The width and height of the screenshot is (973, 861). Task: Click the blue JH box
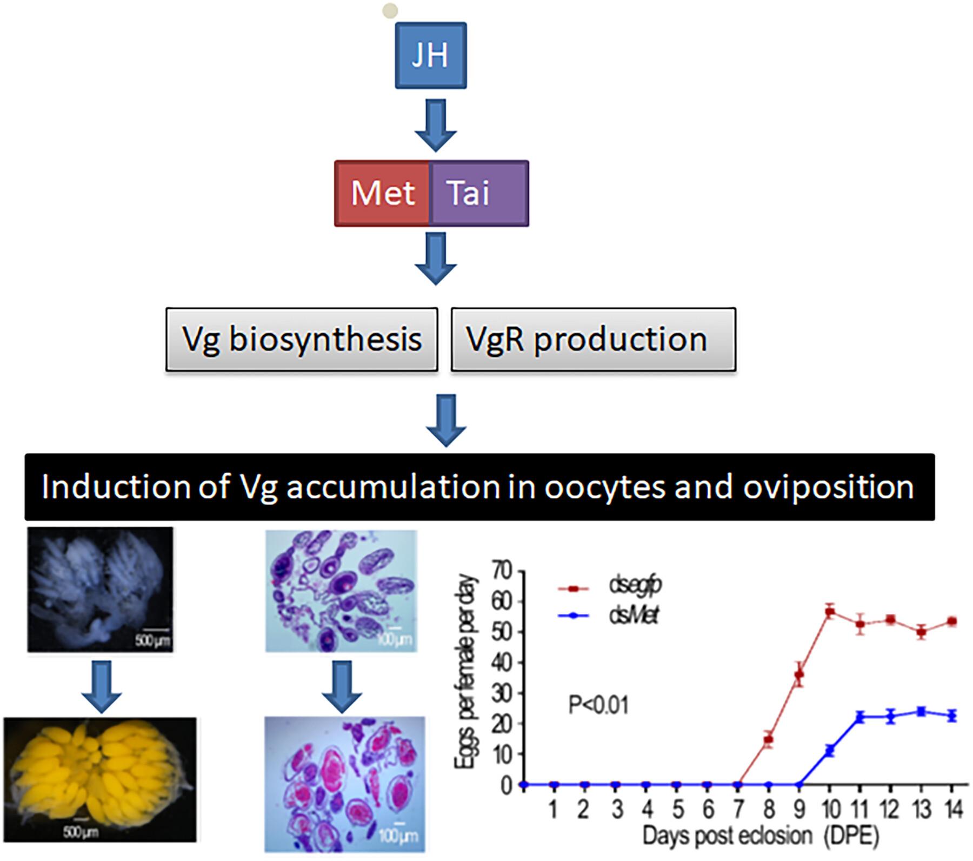[431, 55]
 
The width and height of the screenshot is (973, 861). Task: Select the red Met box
[382, 193]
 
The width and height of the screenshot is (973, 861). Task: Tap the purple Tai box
[479, 193]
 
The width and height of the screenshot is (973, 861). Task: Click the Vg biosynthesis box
[302, 340]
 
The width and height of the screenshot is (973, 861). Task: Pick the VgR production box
[593, 340]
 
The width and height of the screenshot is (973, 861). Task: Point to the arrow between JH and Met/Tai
[436, 125]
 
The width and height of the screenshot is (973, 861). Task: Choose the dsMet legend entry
[633, 616]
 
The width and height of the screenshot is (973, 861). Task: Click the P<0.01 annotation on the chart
[598, 706]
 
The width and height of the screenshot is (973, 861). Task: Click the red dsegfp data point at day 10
[830, 612]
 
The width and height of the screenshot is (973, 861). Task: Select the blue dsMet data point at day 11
[860, 718]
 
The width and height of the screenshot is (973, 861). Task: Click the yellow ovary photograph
[100, 779]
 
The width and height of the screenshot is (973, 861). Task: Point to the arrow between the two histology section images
[343, 685]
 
